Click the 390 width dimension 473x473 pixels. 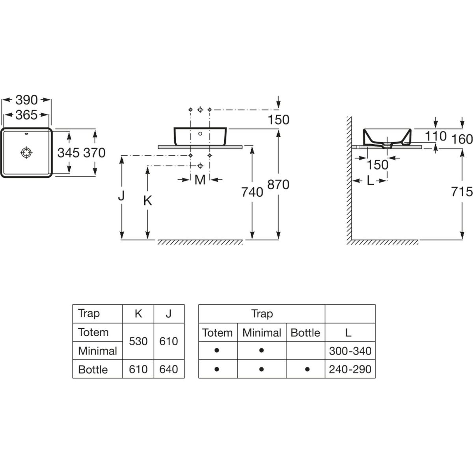[x=26, y=100]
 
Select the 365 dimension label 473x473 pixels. [x=26, y=115]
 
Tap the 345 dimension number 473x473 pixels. [x=69, y=153]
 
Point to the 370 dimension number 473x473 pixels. [x=95, y=153]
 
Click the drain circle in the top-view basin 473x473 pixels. [x=26, y=153]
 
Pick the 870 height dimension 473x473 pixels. [x=278, y=184]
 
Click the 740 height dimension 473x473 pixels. [x=252, y=192]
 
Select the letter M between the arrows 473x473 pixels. [x=200, y=180]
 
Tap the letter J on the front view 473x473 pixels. [x=121, y=196]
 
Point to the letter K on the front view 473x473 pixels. [x=148, y=201]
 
